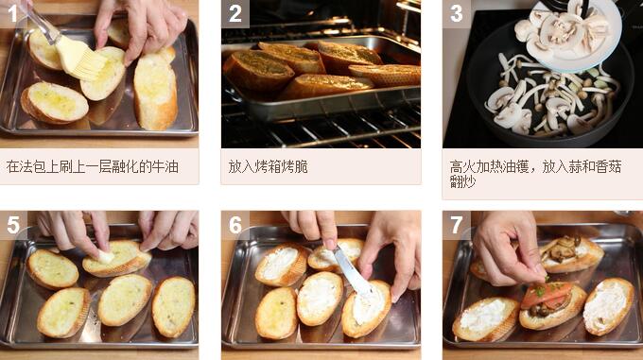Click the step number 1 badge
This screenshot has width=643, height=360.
click(13, 13)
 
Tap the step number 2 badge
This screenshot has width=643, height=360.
click(235, 13)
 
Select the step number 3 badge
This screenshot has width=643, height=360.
click(457, 13)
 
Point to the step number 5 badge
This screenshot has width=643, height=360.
click(13, 225)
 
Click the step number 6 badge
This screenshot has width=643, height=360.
click(235, 225)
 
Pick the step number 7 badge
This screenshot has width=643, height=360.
click(457, 225)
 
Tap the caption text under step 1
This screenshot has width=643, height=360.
click(93, 167)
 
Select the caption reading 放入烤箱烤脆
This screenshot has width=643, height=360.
click(268, 167)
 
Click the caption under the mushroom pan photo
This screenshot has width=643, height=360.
click(535, 174)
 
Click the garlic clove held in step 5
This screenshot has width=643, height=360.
click(105, 256)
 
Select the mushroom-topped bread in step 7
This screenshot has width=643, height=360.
click(571, 254)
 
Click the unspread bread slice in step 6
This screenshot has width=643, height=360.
click(276, 313)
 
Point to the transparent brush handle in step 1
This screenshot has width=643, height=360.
click(42, 25)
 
